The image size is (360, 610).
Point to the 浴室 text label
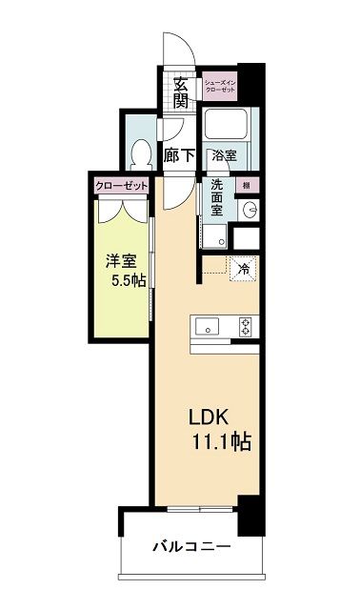(224, 155)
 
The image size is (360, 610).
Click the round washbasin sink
(250, 210)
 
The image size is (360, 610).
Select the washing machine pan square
(213, 235)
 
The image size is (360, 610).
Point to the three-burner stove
(246, 327)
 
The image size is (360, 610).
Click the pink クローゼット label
(122, 186)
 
